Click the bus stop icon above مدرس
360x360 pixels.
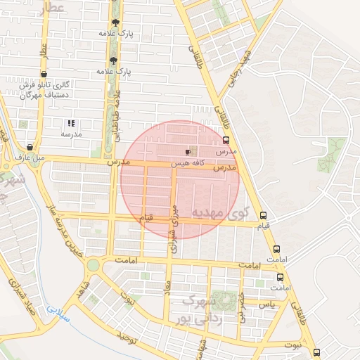[226, 140]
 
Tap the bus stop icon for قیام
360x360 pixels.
[263, 216]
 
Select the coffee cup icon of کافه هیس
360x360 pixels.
[188, 152]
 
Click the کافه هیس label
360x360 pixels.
[188, 163]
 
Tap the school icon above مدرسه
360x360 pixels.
[71, 123]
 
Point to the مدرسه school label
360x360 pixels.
[71, 134]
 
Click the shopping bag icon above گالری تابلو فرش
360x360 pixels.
[44, 74]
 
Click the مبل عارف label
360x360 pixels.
[30, 157]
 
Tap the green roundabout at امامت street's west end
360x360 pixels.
[93, 264]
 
